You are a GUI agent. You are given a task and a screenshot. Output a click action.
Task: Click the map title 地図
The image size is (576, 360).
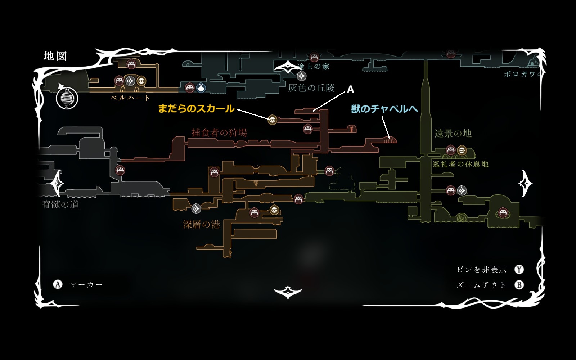(55, 56)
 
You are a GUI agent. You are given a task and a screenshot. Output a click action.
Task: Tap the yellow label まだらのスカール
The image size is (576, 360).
(196, 108)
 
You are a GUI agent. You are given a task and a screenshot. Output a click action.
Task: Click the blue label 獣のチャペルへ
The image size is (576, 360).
(384, 109)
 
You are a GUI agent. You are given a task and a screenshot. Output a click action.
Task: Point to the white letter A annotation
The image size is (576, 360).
(350, 89)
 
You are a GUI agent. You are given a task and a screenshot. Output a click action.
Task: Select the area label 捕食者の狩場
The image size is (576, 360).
(219, 132)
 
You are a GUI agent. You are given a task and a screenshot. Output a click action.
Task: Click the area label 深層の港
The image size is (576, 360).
(201, 225)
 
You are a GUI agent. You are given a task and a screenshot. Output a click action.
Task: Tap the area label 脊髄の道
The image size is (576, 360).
(60, 204)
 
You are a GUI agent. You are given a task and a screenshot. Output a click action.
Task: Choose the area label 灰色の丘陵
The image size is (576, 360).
(311, 88)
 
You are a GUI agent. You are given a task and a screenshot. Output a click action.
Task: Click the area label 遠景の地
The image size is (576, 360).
(453, 134)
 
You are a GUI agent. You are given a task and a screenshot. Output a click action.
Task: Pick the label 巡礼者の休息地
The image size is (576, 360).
(460, 164)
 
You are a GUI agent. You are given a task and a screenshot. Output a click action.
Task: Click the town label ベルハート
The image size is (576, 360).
(130, 98)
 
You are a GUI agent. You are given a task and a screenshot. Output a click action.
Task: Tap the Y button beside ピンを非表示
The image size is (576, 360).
(519, 270)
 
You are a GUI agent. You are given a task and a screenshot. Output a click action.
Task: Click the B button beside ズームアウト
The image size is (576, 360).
(519, 285)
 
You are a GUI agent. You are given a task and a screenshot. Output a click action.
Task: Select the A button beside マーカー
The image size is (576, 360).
(58, 285)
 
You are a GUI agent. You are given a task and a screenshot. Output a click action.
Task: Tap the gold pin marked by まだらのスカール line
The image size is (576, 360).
(272, 119)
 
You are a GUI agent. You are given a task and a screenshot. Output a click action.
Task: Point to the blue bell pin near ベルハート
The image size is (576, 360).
(201, 87)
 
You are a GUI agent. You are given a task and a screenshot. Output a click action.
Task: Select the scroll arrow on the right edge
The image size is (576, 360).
(525, 184)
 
